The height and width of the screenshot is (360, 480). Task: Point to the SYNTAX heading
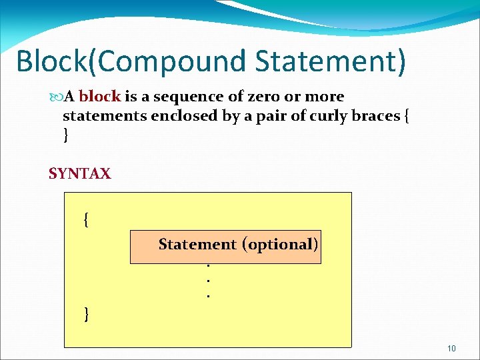coord(79,174)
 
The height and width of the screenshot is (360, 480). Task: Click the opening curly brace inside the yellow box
coord(86,219)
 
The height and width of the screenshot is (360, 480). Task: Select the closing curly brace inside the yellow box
coord(86,313)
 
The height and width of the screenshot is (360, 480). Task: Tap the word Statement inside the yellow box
coord(197,245)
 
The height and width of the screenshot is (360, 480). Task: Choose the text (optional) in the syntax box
coord(280,245)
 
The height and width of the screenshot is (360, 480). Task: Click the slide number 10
coord(451,349)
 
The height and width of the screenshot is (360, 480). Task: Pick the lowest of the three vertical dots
coord(209,294)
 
